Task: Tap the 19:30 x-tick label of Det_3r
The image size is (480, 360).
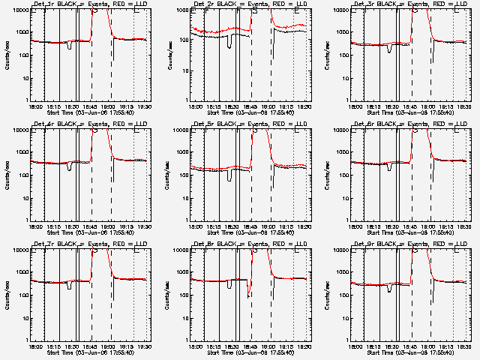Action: [463, 106]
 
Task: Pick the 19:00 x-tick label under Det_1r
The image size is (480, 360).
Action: [109, 106]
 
